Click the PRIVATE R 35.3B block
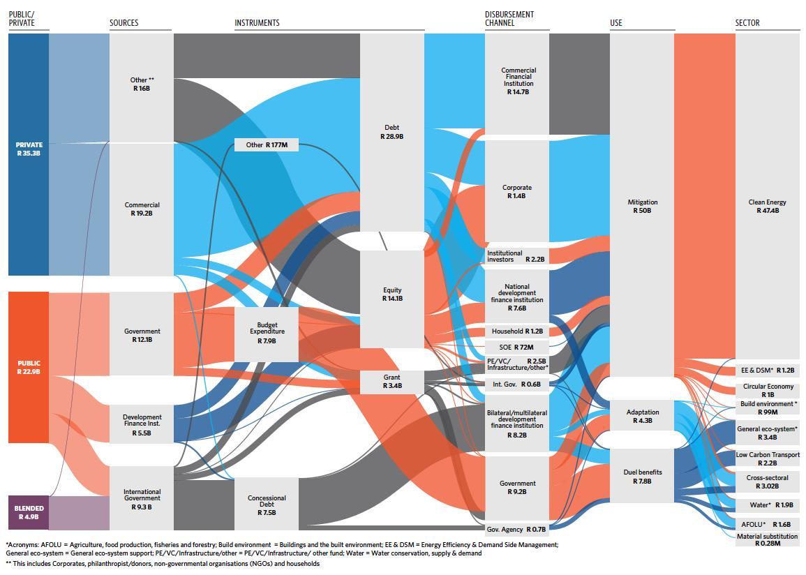29,149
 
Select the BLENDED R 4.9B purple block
29,512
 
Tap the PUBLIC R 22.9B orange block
29,367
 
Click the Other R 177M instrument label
266,145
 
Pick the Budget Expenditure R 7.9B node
266,333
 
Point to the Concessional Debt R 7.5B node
266,505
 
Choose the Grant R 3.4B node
391,381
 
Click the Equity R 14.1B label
391,294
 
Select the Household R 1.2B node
516,331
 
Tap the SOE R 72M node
516,347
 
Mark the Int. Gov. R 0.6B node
516,384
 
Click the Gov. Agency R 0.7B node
516,530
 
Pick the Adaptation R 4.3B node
642,416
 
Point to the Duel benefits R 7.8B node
642,476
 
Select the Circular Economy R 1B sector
768,390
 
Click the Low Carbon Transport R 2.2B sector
768,458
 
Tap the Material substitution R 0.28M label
768,539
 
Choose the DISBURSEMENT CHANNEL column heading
509,19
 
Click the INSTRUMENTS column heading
257,23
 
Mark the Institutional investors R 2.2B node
516,256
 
